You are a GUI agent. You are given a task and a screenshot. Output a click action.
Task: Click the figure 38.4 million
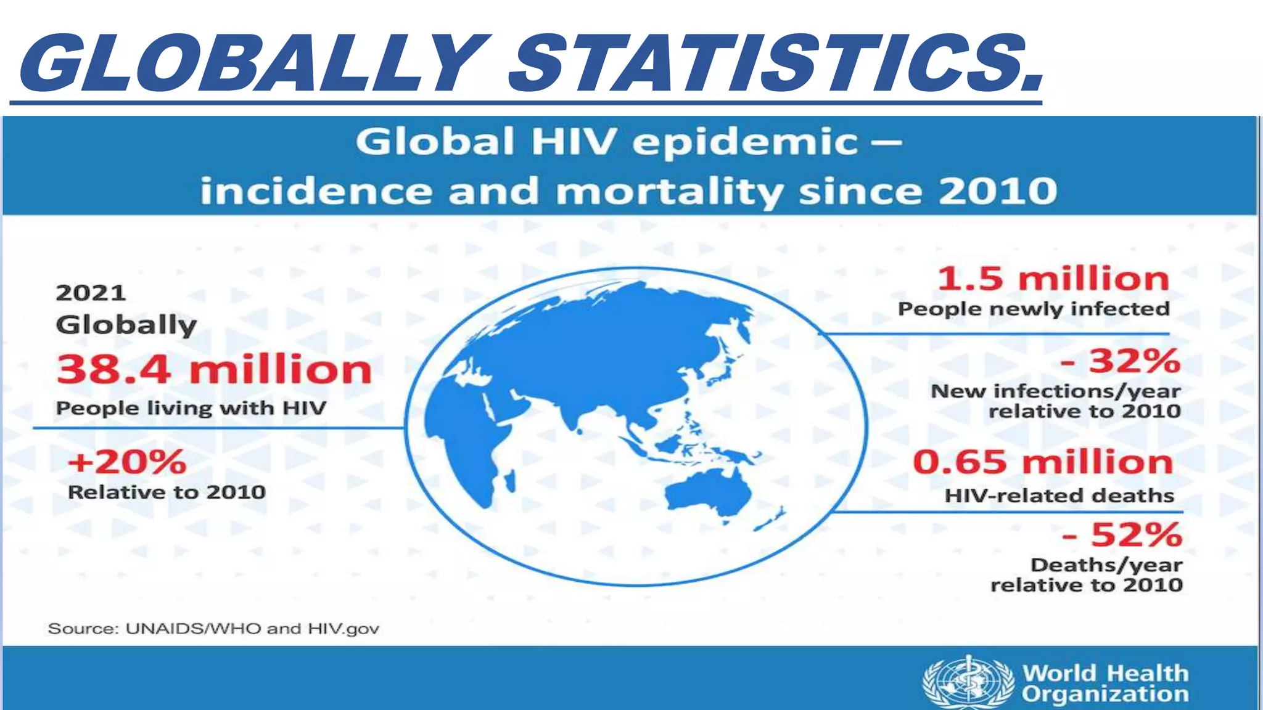(x=214, y=370)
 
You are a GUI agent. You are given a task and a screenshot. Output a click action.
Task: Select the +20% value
(x=126, y=462)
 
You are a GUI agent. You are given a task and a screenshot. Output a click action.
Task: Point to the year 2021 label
(x=91, y=293)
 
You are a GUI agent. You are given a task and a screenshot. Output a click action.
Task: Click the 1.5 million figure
(x=1053, y=279)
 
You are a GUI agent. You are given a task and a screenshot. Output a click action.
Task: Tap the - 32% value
(x=1120, y=361)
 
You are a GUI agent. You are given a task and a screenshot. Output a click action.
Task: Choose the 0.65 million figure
(x=1043, y=462)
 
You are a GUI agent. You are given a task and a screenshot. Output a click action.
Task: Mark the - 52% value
(x=1122, y=535)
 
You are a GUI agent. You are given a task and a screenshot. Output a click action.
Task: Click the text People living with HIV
(x=191, y=408)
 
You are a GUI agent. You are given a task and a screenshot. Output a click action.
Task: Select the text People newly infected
(x=1034, y=309)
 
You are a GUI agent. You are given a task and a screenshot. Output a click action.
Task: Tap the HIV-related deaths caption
(x=1059, y=496)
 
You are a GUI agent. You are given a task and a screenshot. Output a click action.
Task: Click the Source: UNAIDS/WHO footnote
(x=213, y=629)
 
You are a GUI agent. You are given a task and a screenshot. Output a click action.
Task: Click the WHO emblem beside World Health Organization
(x=968, y=682)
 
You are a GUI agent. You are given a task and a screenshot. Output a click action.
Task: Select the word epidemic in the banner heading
(x=745, y=142)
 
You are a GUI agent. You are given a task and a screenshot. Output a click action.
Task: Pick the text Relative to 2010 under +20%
(x=167, y=492)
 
